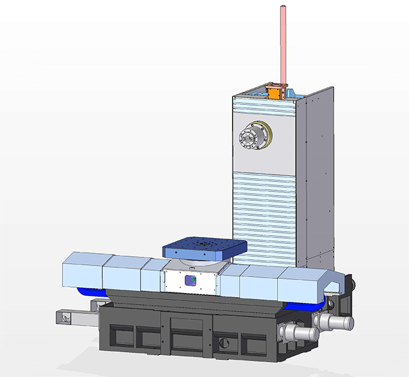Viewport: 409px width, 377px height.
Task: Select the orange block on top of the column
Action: pyautogui.click(x=275, y=92)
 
